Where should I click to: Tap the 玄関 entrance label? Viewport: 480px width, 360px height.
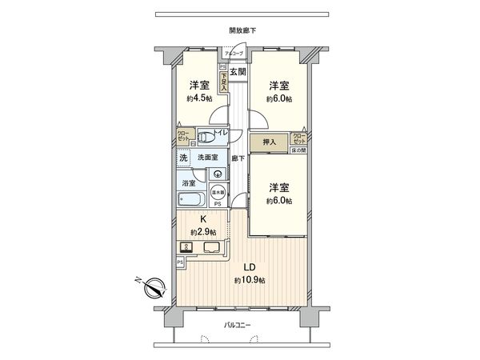[x=237, y=72]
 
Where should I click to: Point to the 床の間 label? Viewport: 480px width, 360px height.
[x=298, y=150]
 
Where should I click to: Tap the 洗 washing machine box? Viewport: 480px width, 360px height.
[x=183, y=158]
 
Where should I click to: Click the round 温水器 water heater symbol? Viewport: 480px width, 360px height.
[x=218, y=192]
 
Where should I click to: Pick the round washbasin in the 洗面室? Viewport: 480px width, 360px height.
[x=217, y=173]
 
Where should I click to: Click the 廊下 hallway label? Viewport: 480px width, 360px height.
[x=238, y=158]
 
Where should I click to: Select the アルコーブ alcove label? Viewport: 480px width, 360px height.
[x=234, y=53]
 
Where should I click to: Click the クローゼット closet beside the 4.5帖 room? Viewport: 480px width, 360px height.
[x=183, y=136]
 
